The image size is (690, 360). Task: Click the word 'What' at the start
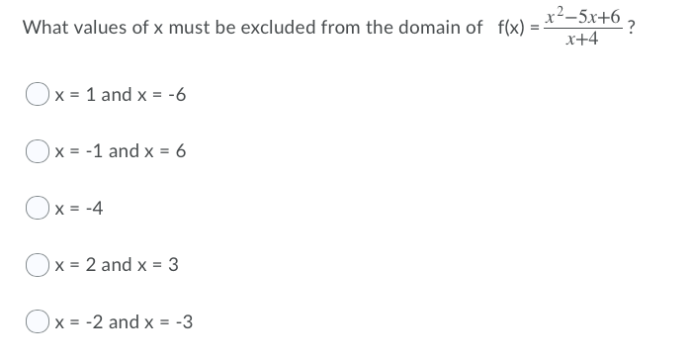43,27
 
